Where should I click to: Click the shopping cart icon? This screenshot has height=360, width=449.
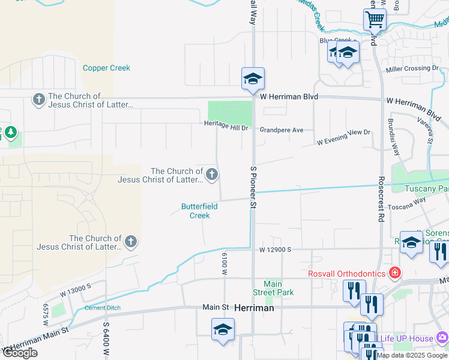point(375,20)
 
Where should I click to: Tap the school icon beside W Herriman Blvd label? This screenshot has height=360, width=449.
point(253,79)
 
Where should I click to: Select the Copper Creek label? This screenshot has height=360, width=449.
point(106,68)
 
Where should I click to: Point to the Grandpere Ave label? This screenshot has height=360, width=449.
point(282,130)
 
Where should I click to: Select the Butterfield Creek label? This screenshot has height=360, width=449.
point(199,211)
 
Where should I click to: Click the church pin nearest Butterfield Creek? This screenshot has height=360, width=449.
point(211,175)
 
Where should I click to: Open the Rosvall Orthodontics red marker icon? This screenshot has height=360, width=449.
point(394,274)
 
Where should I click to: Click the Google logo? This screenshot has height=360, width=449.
point(20,352)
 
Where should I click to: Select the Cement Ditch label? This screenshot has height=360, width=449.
point(102,308)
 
